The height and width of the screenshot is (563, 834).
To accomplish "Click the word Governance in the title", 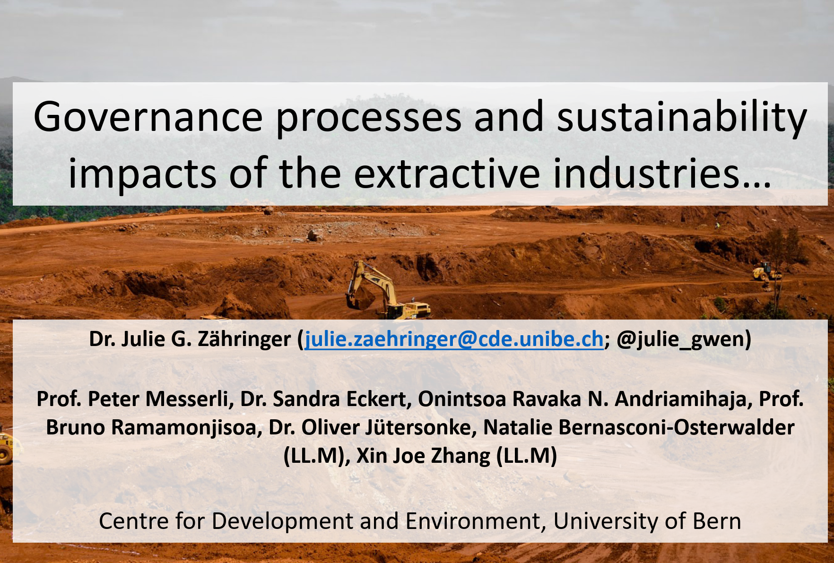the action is click(148, 117).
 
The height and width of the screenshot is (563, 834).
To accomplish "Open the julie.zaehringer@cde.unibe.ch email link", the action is click(454, 339).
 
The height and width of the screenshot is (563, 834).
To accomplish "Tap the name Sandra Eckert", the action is click(340, 399).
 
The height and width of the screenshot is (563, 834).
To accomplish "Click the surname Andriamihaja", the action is click(680, 399).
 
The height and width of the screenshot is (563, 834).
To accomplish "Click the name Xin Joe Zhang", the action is click(424, 456).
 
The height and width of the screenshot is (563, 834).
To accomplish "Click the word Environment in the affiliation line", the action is click(472, 521).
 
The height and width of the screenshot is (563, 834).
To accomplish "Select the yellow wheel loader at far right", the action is click(766, 272).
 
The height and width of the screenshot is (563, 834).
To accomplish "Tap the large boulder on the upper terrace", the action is click(315, 234).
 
